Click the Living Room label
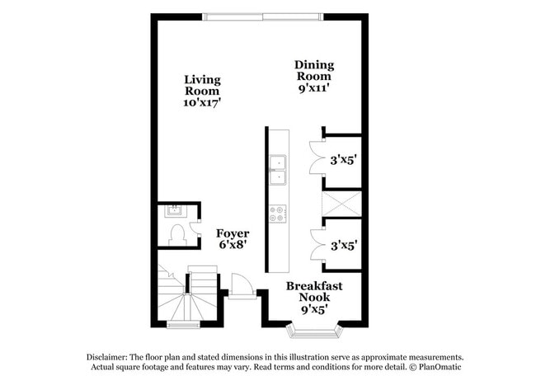click(202, 86)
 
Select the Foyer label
click(233, 233)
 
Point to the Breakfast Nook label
click(314, 292)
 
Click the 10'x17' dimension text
click(202, 103)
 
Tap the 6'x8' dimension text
click(233, 246)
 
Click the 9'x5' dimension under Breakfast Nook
click(313, 310)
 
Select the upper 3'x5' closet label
click(343, 160)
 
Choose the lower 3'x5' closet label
click(343, 245)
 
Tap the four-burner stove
click(278, 213)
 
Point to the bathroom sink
click(175, 209)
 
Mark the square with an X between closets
click(341, 203)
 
